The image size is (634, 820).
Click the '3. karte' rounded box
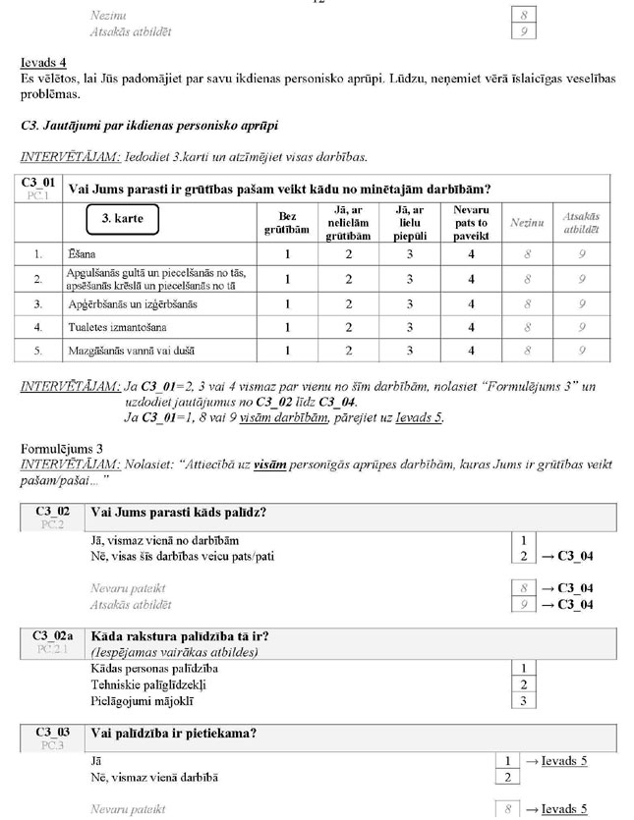point(123,220)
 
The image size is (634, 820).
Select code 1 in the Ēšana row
point(288,253)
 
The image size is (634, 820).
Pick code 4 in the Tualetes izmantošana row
point(471,327)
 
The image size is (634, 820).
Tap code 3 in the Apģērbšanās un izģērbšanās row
point(409,304)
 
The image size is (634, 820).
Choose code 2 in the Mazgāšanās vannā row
point(348,351)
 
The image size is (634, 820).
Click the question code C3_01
point(40,185)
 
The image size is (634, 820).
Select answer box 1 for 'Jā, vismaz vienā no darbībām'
point(525,540)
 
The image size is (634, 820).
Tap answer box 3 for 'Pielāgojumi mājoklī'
point(525,700)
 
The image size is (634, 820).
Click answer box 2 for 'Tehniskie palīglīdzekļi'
point(525,684)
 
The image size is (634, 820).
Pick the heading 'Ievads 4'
point(41,61)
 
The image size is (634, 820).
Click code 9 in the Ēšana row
point(583,253)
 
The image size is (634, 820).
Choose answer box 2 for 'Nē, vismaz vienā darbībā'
point(507,778)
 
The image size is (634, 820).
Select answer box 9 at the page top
point(525,31)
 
